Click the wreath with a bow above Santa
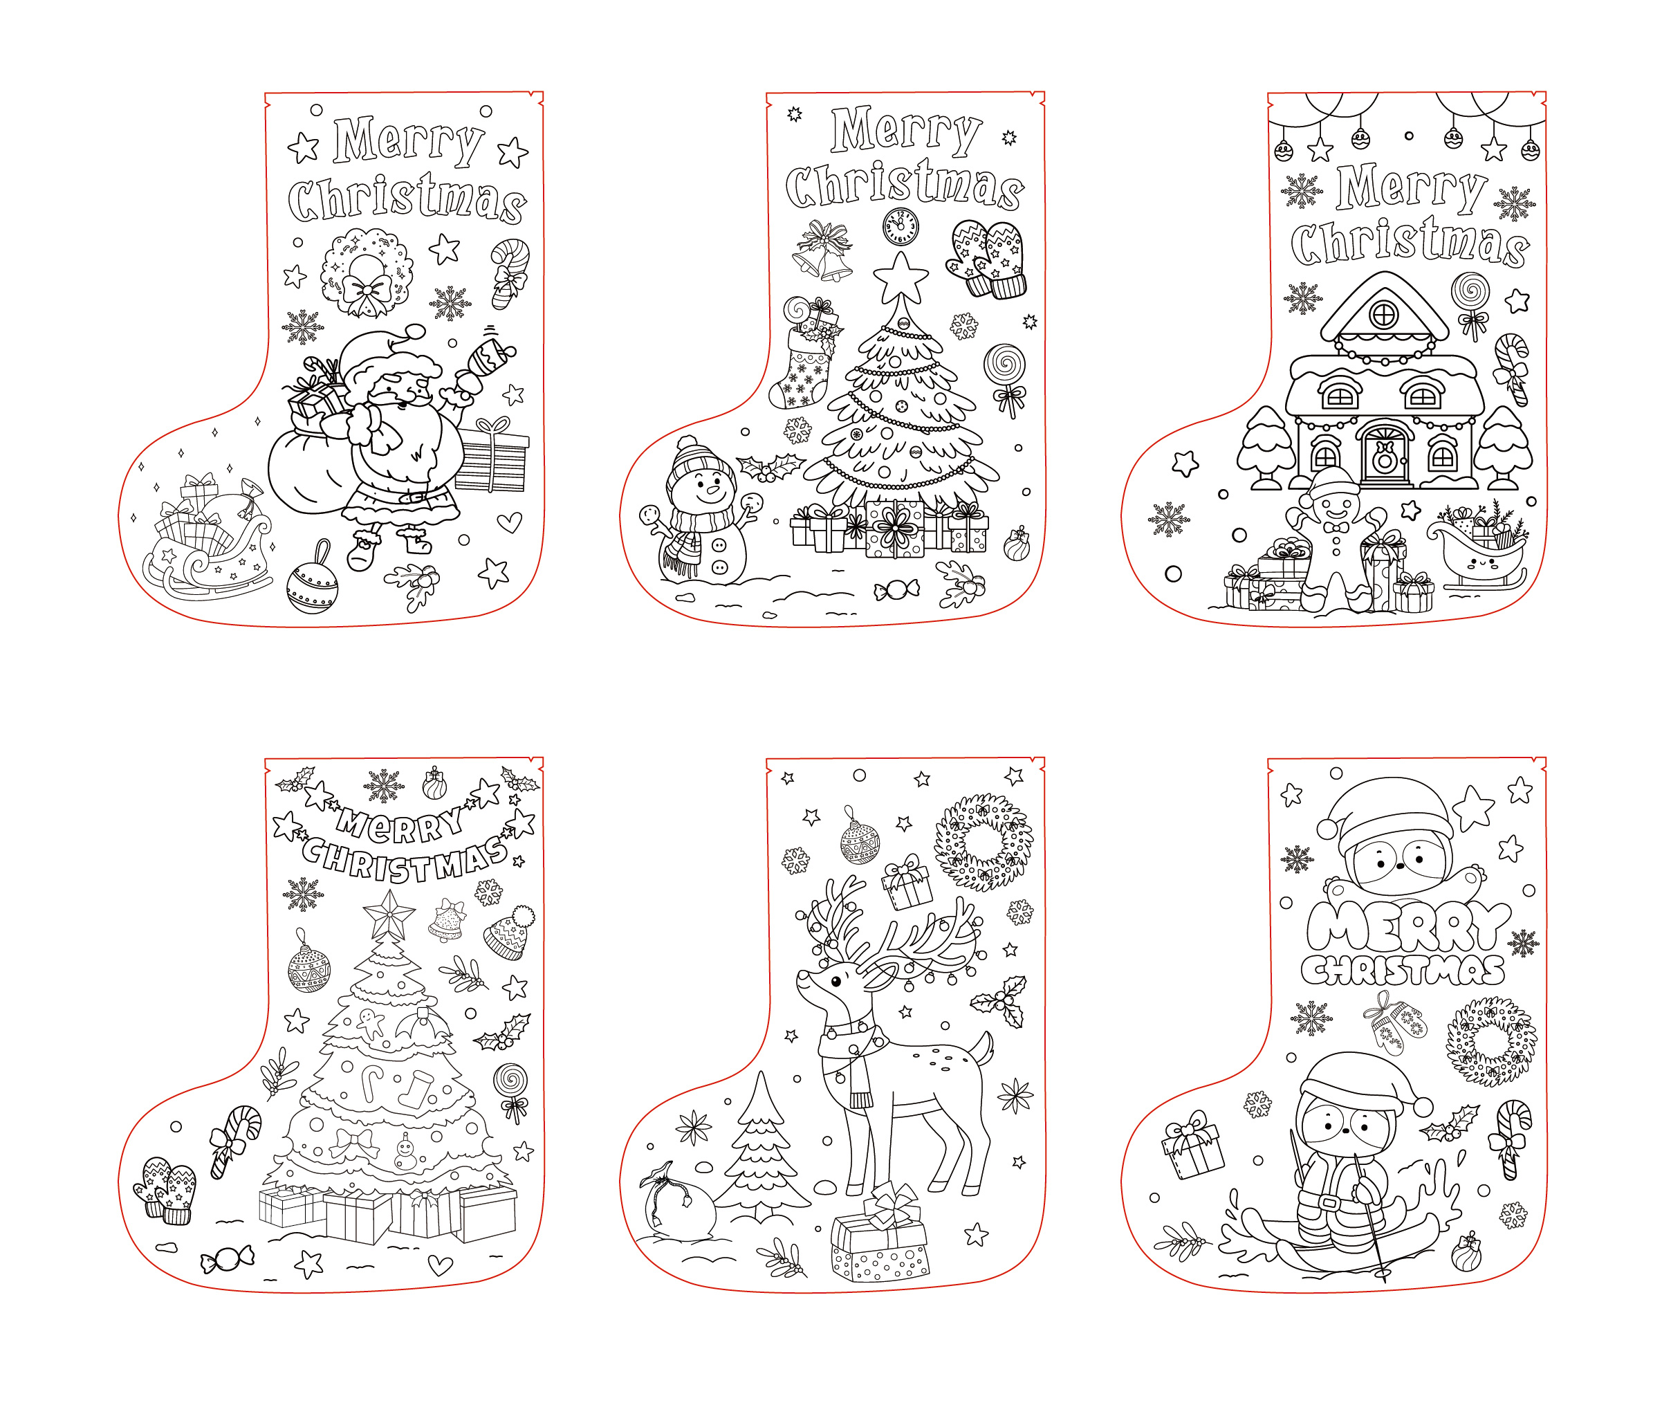[x=368, y=273]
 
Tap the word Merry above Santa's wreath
[x=409, y=140]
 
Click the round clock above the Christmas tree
[x=901, y=227]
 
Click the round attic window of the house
[x=1384, y=314]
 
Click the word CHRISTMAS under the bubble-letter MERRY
[x=1403, y=971]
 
